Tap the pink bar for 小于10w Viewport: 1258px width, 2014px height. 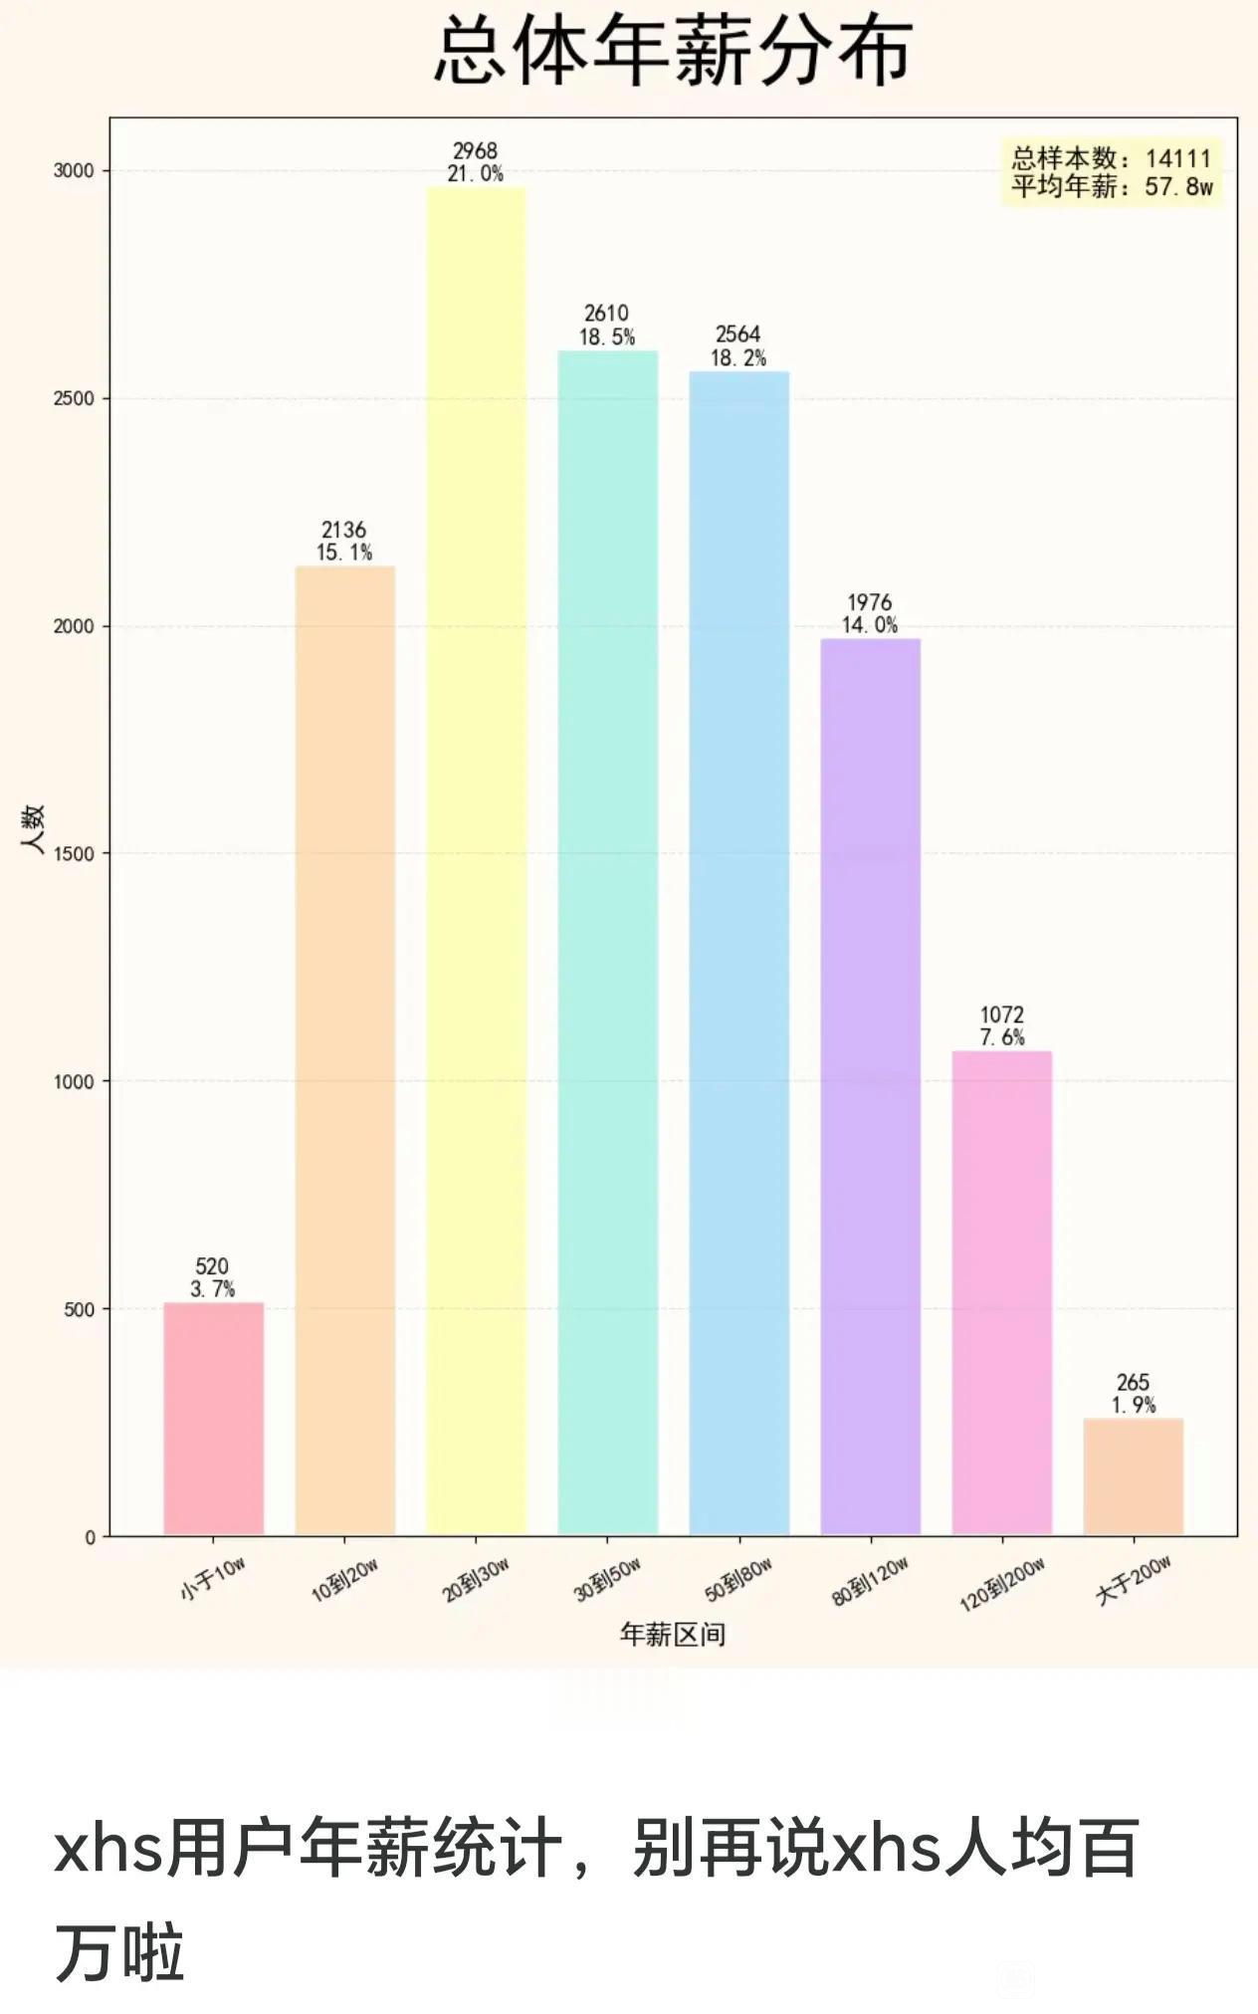[213, 1419]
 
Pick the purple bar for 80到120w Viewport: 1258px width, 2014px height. [870, 1085]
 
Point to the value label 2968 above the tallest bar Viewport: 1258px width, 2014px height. [475, 151]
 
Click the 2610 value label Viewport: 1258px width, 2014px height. [606, 314]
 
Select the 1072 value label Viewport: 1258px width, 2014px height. [1001, 1014]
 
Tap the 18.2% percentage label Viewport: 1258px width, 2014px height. [737, 358]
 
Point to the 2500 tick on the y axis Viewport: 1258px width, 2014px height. [73, 398]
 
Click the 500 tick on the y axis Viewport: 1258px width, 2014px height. [79, 1309]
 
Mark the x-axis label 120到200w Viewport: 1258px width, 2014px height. [1001, 1584]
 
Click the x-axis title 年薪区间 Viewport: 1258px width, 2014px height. [673, 1634]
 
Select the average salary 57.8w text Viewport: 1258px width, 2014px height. [1178, 187]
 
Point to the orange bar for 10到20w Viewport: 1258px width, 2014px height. [344, 1050]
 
